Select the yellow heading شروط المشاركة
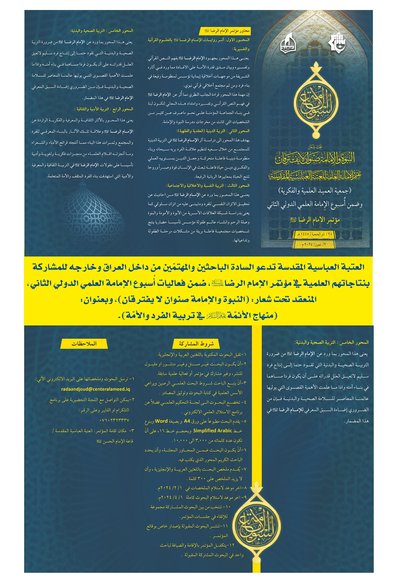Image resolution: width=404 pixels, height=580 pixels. pos(196,344)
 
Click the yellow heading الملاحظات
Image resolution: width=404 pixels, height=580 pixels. pos(84,343)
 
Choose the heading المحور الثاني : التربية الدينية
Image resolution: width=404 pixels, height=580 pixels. pos(213,131)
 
